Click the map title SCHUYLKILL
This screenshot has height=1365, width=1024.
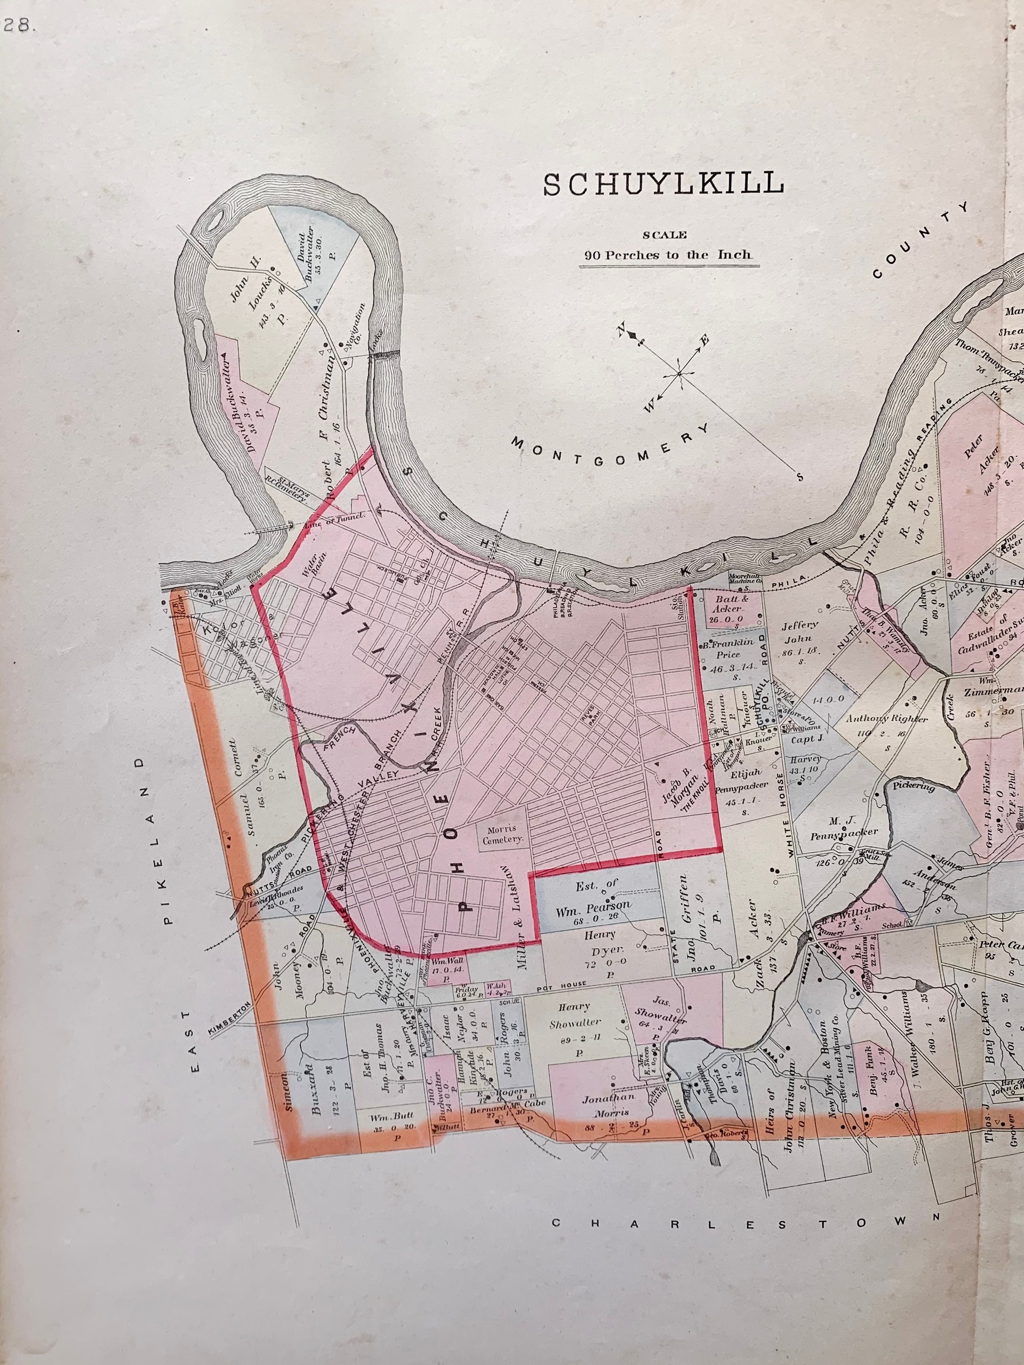point(663,184)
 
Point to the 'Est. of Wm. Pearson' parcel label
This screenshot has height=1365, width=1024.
point(596,896)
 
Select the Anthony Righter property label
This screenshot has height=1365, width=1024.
point(886,719)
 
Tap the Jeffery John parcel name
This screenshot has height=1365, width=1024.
point(799,632)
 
